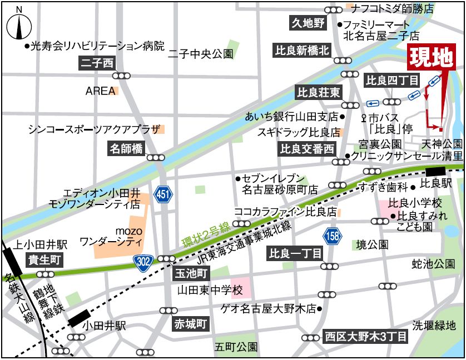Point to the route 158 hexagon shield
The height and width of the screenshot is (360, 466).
point(333,235)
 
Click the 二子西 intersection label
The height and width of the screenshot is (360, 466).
point(97,63)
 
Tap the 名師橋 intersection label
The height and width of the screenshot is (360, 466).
point(126,148)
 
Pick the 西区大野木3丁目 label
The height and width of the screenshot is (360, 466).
point(366,336)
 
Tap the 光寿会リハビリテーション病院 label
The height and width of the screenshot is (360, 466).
point(98,44)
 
